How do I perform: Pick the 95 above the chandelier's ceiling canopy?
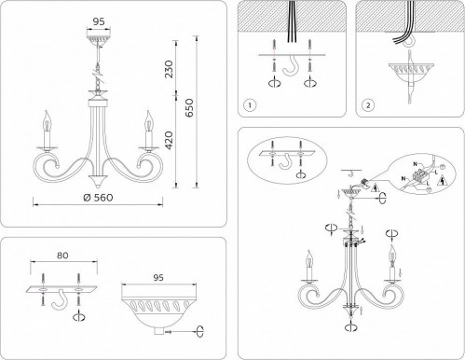tap(95, 20)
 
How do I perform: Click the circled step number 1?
tap(249, 104)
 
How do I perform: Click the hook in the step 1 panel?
tap(294, 71)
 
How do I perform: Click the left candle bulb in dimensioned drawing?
tap(42, 122)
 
